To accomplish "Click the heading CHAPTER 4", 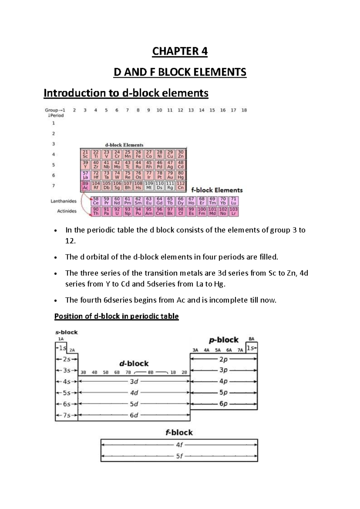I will pyautogui.click(x=180, y=51).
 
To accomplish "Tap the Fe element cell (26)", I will pyautogui.click(x=138, y=154).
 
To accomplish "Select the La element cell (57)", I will pyautogui.click(x=85, y=175).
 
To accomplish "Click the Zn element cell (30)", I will pyautogui.click(x=181, y=154).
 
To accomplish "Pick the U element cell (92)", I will pyautogui.click(x=117, y=211).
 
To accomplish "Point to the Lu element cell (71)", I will pyautogui.click(x=234, y=201).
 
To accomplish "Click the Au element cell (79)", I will pyautogui.click(x=170, y=175).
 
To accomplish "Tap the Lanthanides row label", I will pyautogui.click(x=63, y=201).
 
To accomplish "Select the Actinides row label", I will pyautogui.click(x=67, y=211).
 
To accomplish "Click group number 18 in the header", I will pyautogui.click(x=244, y=110).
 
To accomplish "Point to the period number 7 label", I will pyautogui.click(x=54, y=186).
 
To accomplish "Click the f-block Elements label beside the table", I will pyautogui.click(x=217, y=190).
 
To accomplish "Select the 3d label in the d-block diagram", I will pyautogui.click(x=134, y=381).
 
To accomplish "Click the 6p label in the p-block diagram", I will pyautogui.click(x=223, y=404).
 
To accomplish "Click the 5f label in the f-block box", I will pyautogui.click(x=179, y=456).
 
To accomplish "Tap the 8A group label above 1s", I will pyautogui.click(x=251, y=339).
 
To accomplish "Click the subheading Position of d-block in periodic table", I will pyautogui.click(x=116, y=316).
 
